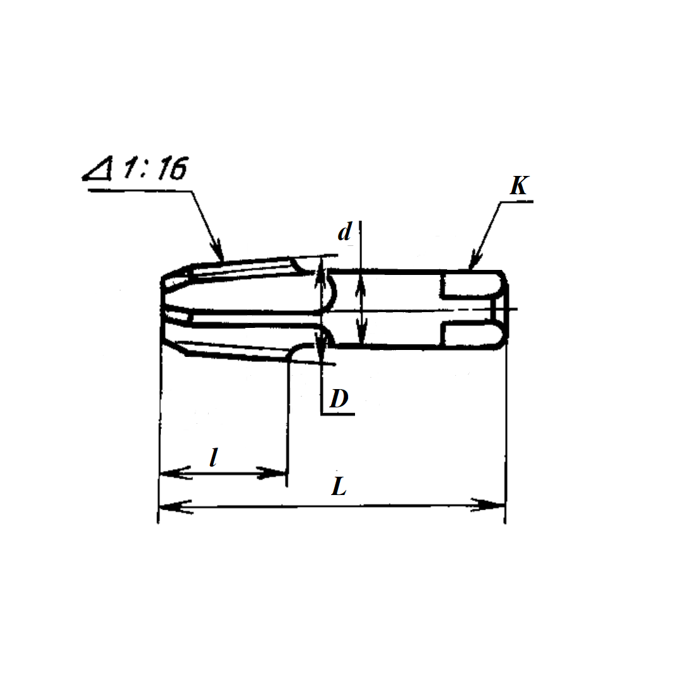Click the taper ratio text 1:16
tap(155, 168)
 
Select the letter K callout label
tap(519, 185)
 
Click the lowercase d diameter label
tap(344, 232)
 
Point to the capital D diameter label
tap(339, 399)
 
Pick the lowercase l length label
tap(213, 457)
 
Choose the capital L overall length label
tap(339, 487)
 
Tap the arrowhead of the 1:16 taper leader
tap(218, 250)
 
